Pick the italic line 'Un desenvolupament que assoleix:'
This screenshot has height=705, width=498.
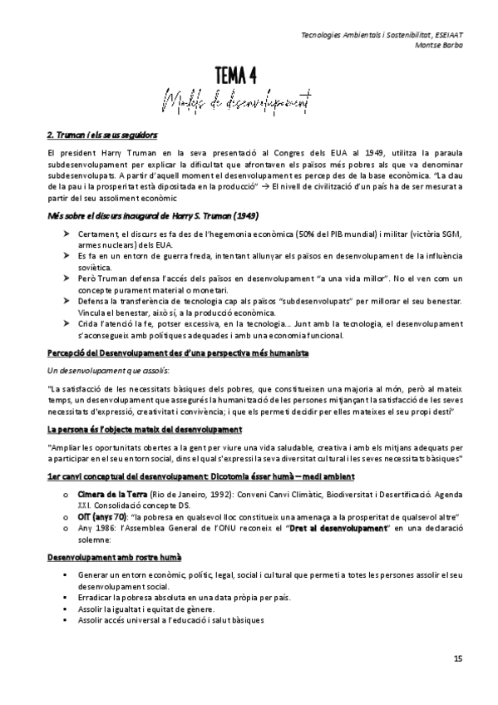pyautogui.click(x=97, y=370)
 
